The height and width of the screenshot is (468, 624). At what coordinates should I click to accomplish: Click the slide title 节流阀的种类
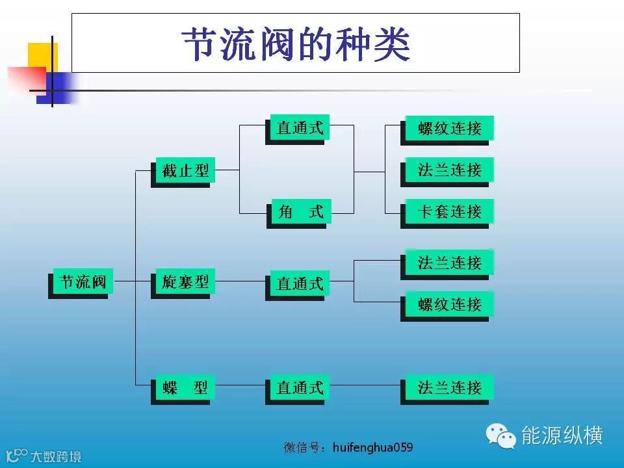[x=296, y=44]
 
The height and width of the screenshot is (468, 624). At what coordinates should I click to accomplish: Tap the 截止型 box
[x=185, y=171]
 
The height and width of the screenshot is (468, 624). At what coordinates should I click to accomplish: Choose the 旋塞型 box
[x=185, y=282]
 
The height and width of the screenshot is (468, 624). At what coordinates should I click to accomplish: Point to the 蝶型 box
[x=185, y=388]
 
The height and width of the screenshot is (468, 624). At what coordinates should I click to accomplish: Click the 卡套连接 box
[x=449, y=212]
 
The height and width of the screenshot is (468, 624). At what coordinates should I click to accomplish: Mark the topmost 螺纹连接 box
[x=449, y=128]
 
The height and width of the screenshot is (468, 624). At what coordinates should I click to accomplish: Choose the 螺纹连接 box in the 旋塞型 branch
[x=449, y=304]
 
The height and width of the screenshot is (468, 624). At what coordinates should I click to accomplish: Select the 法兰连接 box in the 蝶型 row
[x=449, y=388]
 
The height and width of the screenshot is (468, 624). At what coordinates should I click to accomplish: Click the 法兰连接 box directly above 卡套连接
[x=449, y=170]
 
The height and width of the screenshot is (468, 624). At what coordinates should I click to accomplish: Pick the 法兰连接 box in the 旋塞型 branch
[x=449, y=263]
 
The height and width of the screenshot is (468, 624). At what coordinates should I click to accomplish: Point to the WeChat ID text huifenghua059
[x=372, y=448]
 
